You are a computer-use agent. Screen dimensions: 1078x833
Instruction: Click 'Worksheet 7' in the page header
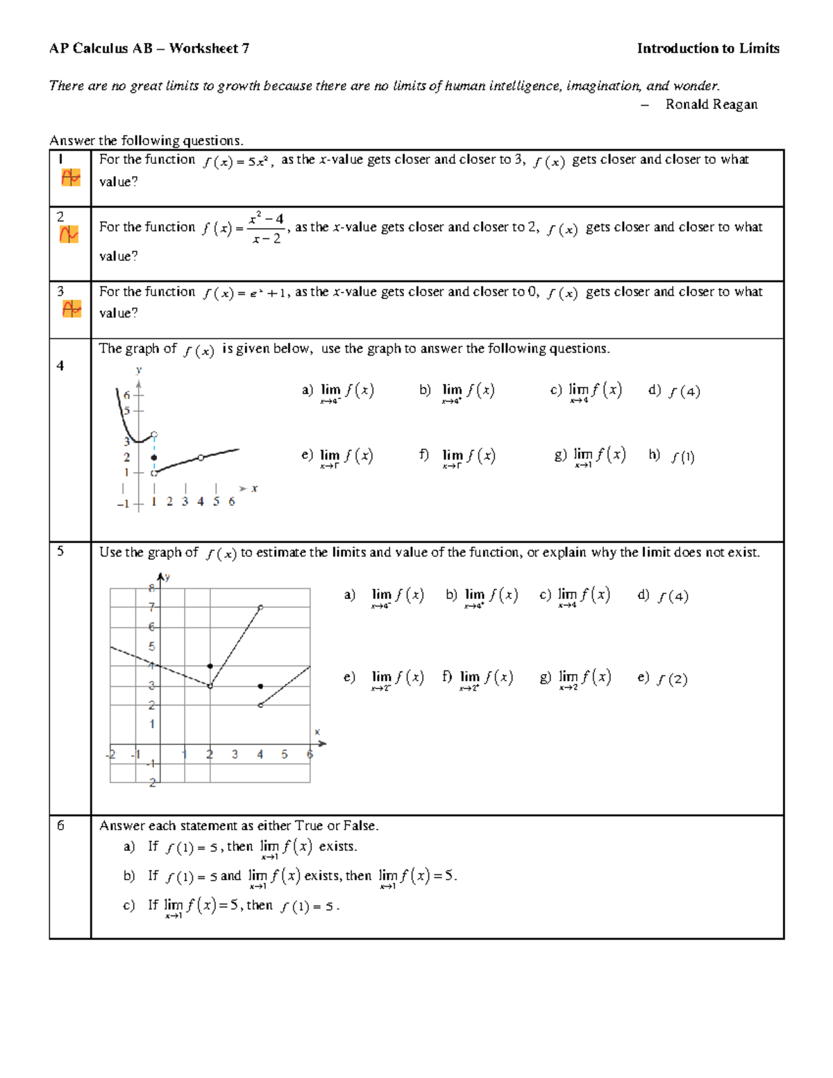[209, 49]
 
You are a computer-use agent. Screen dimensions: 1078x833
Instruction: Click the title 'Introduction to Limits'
[708, 49]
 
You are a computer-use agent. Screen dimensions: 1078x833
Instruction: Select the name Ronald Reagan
[711, 105]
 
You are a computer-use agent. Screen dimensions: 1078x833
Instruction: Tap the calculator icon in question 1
[70, 178]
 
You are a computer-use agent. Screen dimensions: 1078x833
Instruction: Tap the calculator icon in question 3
[71, 309]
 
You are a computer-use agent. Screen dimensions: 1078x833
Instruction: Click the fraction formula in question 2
[267, 228]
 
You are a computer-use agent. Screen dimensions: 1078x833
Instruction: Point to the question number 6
[61, 825]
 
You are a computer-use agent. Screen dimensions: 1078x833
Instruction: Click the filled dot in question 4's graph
[154, 457]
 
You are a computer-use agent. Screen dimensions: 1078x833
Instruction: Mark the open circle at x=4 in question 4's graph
[201, 457]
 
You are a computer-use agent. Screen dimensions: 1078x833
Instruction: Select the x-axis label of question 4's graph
[254, 489]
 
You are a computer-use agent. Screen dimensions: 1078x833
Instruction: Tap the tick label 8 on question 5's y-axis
[151, 588]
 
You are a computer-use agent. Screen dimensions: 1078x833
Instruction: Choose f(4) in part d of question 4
[684, 391]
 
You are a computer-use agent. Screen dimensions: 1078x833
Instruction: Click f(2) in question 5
[672, 679]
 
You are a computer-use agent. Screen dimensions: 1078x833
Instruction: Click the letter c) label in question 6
[128, 905]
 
